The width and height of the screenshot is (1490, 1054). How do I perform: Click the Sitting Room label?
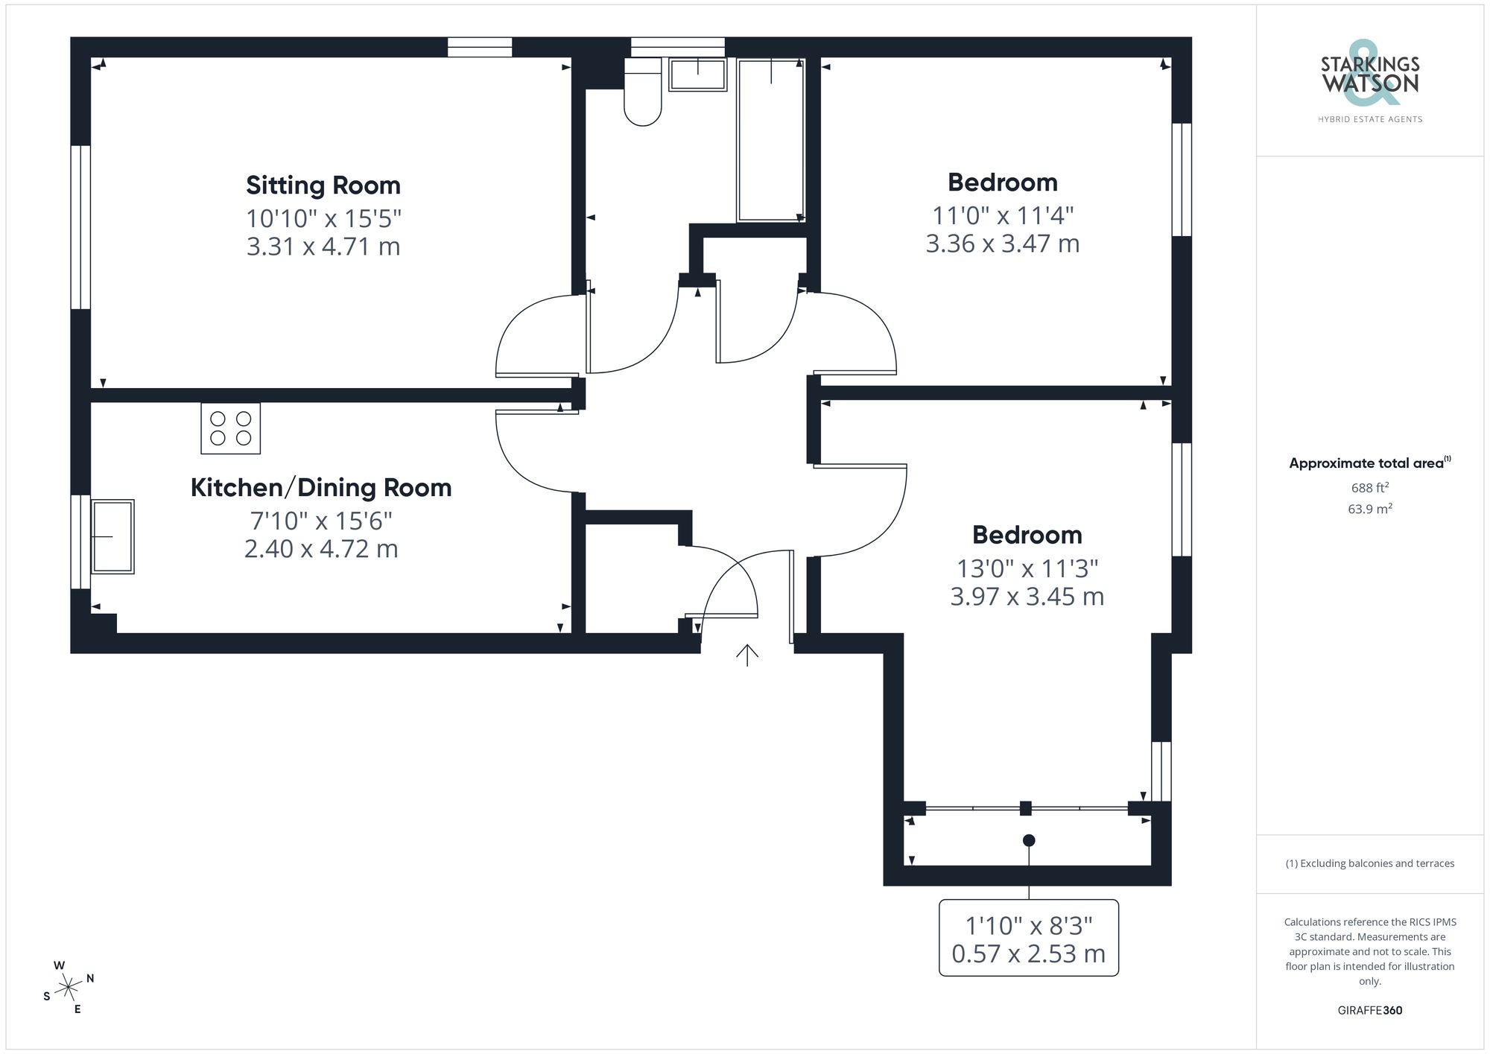click(323, 185)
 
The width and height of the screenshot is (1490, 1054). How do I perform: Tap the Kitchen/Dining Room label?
click(321, 488)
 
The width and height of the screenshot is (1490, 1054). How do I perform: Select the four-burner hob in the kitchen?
click(230, 428)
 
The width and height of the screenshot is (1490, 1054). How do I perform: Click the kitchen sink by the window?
click(112, 536)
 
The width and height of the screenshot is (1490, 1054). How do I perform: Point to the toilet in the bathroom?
click(642, 93)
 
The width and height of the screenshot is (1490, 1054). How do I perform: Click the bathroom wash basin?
click(697, 75)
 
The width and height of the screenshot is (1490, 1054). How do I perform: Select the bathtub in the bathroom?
click(771, 140)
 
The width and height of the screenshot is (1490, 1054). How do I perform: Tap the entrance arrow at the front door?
click(747, 655)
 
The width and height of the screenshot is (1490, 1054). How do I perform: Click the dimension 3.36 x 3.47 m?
click(1002, 244)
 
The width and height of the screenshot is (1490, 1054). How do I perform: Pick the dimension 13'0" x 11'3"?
click(1027, 569)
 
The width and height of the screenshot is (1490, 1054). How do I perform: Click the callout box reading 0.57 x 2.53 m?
click(1028, 939)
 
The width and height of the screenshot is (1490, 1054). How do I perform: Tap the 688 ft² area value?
click(1369, 488)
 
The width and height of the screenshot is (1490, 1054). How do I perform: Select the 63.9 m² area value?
click(1369, 509)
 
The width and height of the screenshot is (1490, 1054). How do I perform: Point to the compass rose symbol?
click(69, 988)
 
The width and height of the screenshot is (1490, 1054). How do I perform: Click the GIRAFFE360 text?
click(1369, 1011)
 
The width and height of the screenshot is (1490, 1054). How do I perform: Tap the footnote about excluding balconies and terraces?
click(1369, 863)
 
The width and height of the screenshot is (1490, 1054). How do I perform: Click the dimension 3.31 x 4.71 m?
click(323, 247)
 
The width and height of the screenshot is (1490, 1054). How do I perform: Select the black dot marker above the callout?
click(1029, 840)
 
